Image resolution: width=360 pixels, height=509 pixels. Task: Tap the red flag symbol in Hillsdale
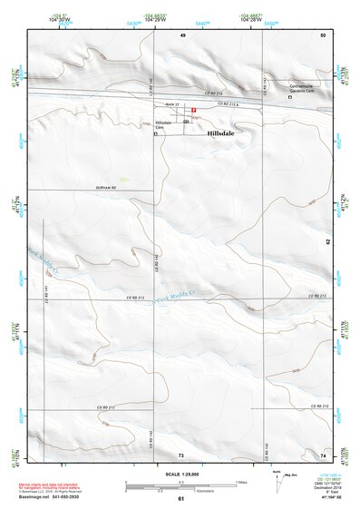point(193,109)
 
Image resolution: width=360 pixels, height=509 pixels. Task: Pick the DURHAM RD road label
point(106,187)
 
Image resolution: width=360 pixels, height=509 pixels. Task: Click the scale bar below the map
point(181,486)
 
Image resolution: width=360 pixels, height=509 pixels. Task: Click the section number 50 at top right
point(321,34)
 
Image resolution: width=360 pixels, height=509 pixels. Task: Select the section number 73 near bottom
point(180,454)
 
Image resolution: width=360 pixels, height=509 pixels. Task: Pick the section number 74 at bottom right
point(322,454)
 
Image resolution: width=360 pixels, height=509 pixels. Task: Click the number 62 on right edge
point(327,241)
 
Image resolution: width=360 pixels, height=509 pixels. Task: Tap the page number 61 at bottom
point(180,499)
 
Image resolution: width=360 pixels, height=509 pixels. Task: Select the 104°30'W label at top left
point(60,20)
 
